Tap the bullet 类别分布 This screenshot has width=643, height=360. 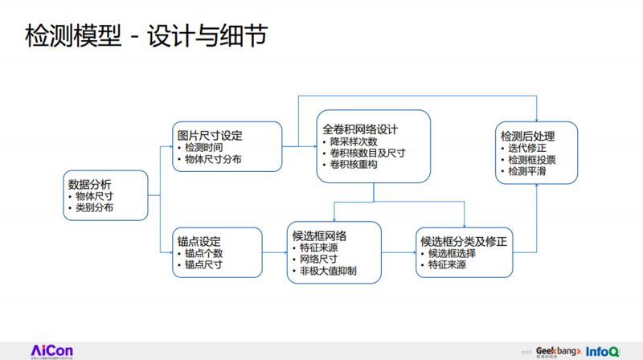pyautogui.click(x=94, y=208)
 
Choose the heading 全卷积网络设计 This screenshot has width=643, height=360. pyautogui.click(x=361, y=128)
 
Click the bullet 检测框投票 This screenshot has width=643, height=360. pyautogui.click(x=531, y=160)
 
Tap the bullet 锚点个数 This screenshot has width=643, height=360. pyautogui.click(x=203, y=253)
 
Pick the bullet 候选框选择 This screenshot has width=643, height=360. pyautogui.click(x=453, y=253)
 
